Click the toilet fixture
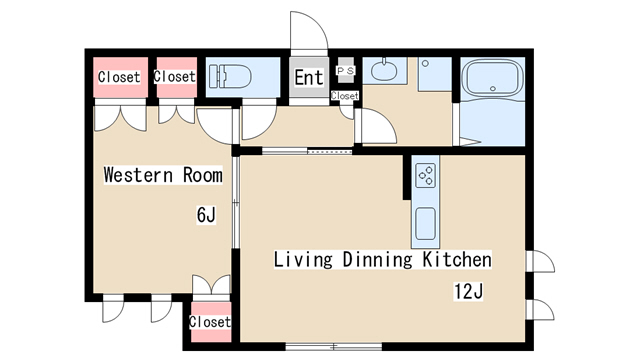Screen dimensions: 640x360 click(x=230, y=76)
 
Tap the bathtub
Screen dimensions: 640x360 click(x=494, y=78)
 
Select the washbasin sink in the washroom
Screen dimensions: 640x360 click(x=384, y=69)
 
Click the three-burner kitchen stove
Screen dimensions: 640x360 click(x=425, y=176)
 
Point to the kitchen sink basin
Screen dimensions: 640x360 click(x=425, y=223)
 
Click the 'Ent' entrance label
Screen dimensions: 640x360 click(x=309, y=77)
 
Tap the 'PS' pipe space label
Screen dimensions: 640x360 click(x=345, y=71)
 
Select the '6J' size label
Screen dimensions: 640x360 click(x=206, y=215)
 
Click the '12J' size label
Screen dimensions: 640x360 click(x=469, y=291)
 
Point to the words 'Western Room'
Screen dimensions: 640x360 click(x=163, y=175)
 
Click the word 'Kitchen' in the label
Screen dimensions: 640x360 click(x=457, y=260)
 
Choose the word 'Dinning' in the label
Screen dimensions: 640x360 click(x=378, y=260)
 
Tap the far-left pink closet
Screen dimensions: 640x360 click(x=120, y=77)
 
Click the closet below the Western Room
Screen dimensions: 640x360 click(x=211, y=322)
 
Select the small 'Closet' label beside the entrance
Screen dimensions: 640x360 click(x=345, y=96)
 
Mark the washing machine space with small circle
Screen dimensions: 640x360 click(x=435, y=74)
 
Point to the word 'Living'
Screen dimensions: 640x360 click(x=303, y=260)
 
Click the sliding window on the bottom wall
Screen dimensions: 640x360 click(x=333, y=347)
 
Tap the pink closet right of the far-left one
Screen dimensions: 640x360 click(x=177, y=77)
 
